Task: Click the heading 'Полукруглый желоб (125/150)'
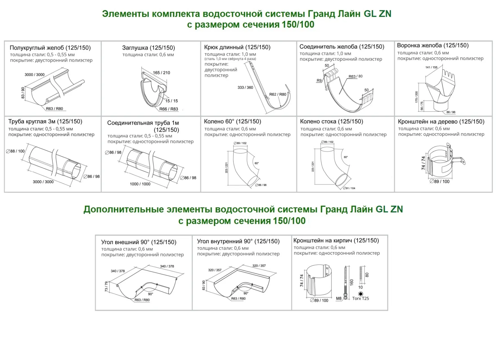click(x=50, y=48)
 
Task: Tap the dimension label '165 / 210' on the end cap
click(x=161, y=73)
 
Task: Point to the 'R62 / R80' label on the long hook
click(x=278, y=94)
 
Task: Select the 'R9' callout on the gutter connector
click(x=319, y=81)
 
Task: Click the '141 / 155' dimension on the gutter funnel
click(x=431, y=67)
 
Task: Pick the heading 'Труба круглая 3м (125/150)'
click(x=45, y=122)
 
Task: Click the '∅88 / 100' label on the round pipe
click(x=15, y=151)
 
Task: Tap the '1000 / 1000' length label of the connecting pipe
click(x=140, y=184)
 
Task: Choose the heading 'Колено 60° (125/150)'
click(x=232, y=122)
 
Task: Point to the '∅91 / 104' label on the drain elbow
click(x=349, y=188)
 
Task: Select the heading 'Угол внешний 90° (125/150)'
click(x=139, y=242)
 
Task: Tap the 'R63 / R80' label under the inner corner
click(x=238, y=299)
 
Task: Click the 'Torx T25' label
click(x=360, y=298)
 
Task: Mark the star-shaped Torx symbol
click(x=360, y=293)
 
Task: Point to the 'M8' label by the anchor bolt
click(x=339, y=298)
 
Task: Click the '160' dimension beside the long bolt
click(x=352, y=282)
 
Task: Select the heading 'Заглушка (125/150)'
click(x=148, y=48)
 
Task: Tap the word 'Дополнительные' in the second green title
click(x=124, y=210)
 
